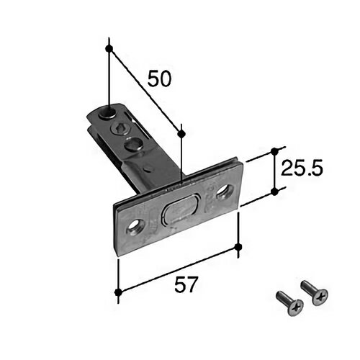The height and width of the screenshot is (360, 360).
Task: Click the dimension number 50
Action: tap(160, 78)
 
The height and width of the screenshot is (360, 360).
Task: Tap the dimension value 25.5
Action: tap(302, 168)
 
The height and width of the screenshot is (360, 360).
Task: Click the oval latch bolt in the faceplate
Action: tap(181, 209)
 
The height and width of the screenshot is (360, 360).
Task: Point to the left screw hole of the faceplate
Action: tap(135, 226)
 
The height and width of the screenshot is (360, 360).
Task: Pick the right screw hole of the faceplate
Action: tap(225, 192)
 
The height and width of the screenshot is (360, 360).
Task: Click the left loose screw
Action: tap(290, 303)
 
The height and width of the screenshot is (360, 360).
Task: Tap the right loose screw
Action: tap(314, 292)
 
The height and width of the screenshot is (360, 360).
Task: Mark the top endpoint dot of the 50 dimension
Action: tap(109, 48)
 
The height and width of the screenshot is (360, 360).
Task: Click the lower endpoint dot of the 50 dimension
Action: tap(181, 133)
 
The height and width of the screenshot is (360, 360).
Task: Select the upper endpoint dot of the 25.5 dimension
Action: tap(274, 151)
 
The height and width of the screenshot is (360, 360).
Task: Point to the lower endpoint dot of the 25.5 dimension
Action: tap(274, 192)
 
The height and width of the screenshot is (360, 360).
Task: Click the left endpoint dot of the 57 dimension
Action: tap(118, 292)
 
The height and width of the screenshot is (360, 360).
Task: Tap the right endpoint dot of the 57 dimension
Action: tap(238, 246)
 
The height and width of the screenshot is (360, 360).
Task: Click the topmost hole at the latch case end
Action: tap(109, 113)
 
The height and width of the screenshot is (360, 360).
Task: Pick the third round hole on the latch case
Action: tap(132, 144)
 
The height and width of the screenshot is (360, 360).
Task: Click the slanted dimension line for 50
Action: tap(145, 91)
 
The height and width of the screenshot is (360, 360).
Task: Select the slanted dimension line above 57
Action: tap(178, 269)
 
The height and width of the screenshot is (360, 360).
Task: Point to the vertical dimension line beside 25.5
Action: tap(274, 171)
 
